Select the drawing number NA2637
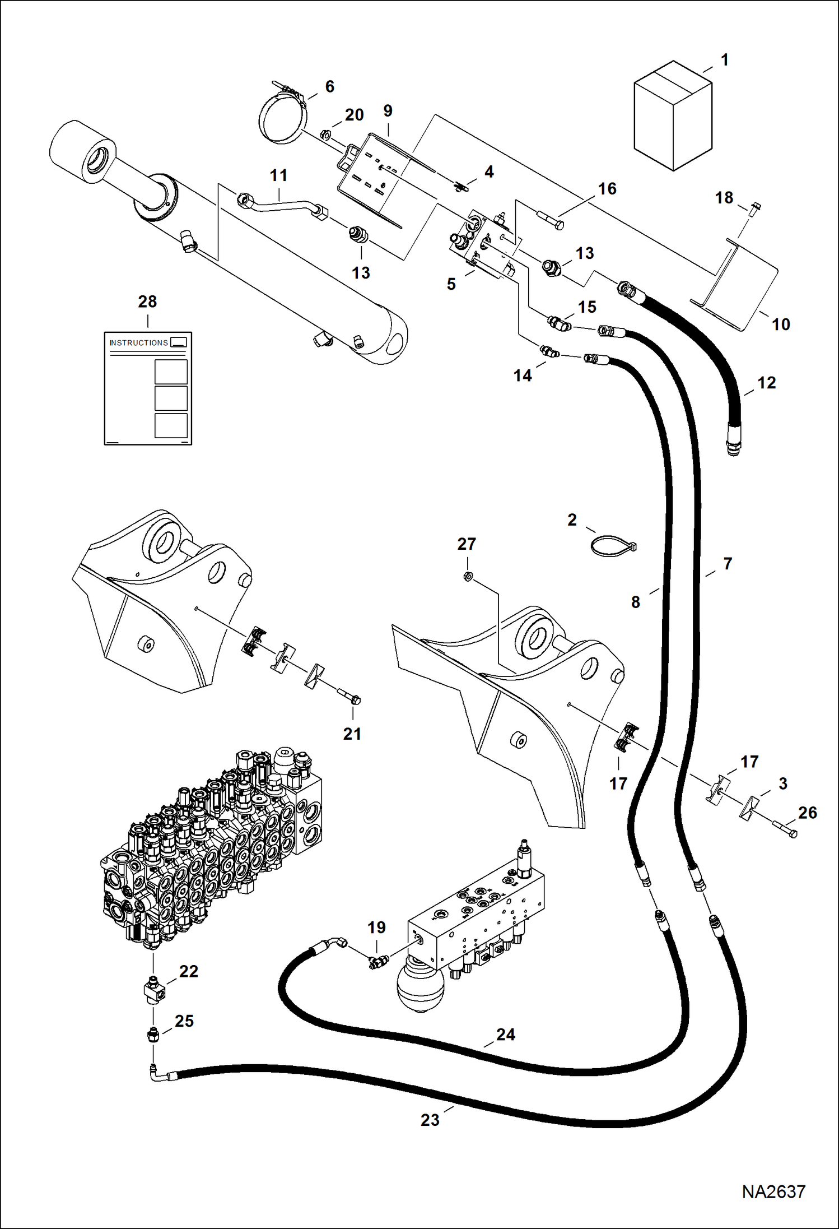point(773,1191)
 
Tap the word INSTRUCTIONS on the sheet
point(138,342)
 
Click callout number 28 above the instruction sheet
point(147,302)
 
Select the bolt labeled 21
point(349,697)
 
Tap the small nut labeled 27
point(468,576)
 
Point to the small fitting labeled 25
point(153,1035)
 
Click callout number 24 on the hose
point(505,1034)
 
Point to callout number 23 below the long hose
point(430,1120)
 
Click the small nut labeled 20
point(325,135)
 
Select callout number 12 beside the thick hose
point(766,383)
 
